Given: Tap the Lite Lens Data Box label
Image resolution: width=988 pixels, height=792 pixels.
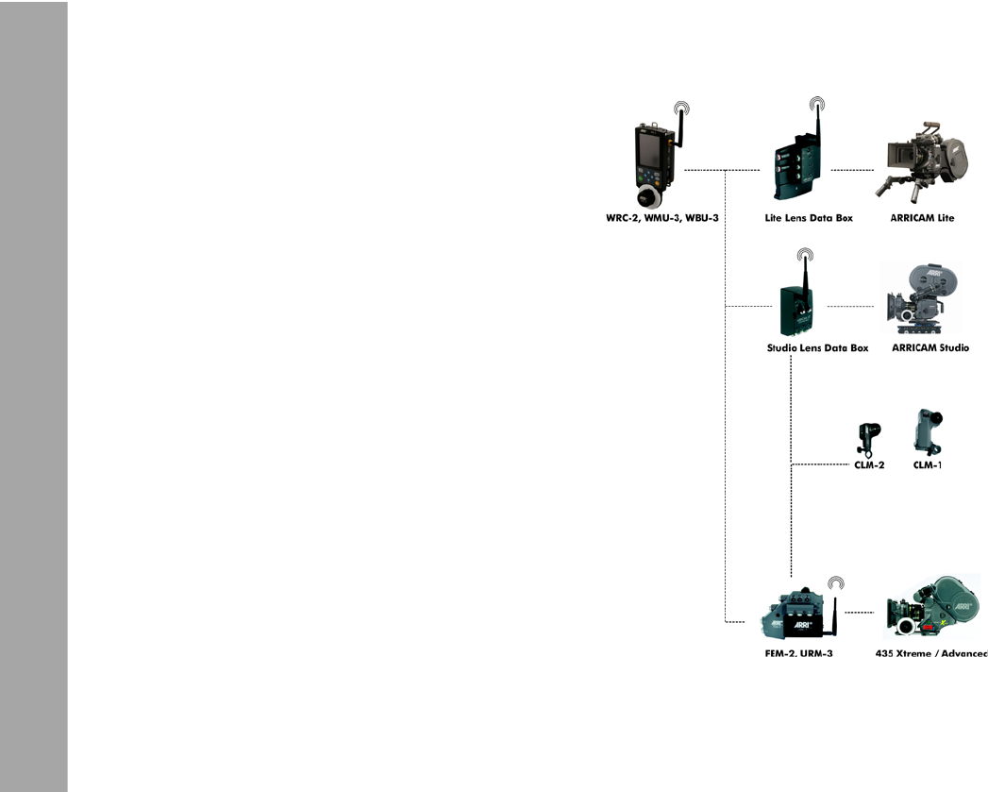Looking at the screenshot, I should tap(809, 218).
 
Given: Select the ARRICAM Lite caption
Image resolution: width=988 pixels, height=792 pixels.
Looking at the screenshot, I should tap(922, 218).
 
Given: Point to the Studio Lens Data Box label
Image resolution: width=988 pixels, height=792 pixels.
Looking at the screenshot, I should tap(817, 348).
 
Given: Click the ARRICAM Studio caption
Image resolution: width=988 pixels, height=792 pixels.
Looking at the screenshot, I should tap(930, 348).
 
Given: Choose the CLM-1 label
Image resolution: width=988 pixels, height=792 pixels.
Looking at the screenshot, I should tap(929, 465).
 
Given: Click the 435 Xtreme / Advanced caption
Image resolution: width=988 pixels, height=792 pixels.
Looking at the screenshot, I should tap(931, 653).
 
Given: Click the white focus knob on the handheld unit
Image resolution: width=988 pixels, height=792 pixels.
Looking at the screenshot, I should tap(647, 196).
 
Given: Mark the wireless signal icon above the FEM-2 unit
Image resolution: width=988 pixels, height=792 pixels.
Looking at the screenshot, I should tap(835, 583).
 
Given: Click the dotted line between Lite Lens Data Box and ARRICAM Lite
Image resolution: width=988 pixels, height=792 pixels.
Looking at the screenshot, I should tap(851, 170).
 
